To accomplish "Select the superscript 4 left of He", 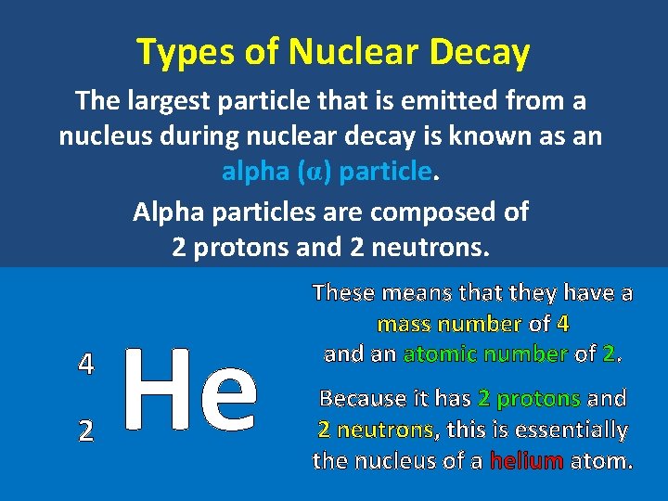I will (85, 364).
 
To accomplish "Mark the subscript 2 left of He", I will (85, 430).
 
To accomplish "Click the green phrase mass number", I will (449, 324).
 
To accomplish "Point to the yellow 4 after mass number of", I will (563, 324).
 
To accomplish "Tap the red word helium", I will (527, 460).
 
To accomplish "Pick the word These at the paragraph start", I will (343, 293).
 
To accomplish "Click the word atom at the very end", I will (601, 460).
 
